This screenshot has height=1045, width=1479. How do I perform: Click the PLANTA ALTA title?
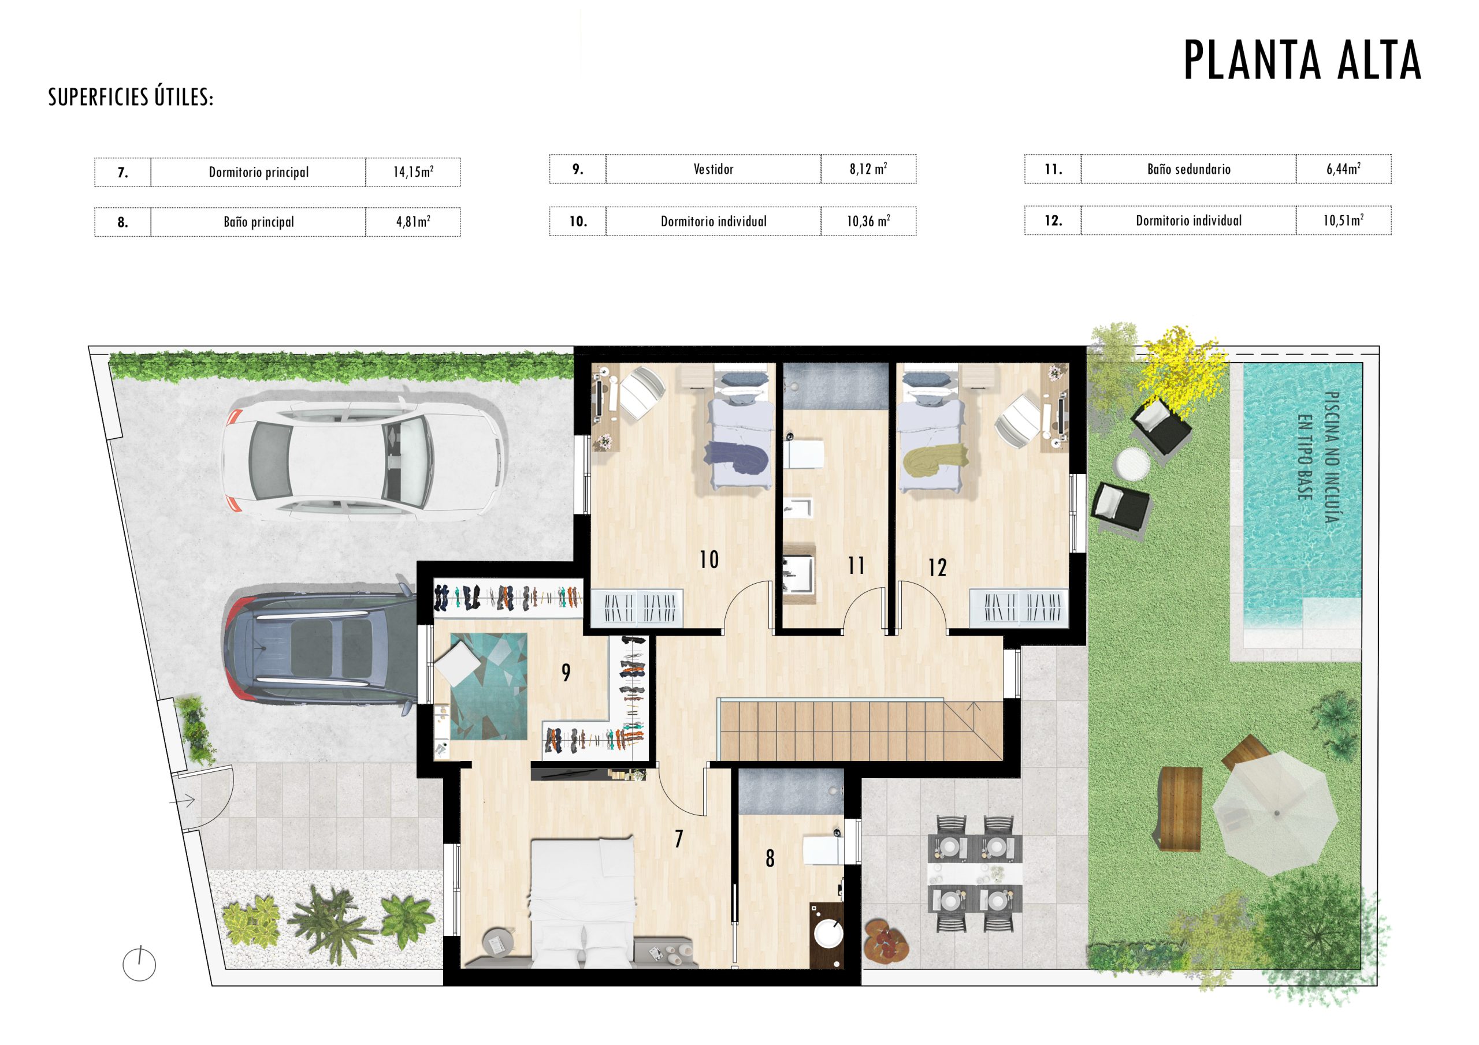[1302, 60]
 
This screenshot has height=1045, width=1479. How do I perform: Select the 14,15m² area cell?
[413, 172]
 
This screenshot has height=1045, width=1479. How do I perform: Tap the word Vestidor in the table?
[713, 169]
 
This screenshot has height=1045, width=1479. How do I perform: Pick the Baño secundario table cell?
[1188, 169]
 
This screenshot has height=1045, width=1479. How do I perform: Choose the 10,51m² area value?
[1343, 220]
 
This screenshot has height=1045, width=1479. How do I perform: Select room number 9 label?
[566, 672]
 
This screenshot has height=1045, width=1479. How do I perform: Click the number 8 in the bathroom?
[770, 859]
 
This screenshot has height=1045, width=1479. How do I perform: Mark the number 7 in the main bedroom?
[678, 838]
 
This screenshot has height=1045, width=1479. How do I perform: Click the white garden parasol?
[1276, 814]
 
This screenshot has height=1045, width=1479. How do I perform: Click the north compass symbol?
[139, 964]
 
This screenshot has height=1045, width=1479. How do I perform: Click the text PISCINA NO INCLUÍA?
[1332, 458]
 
